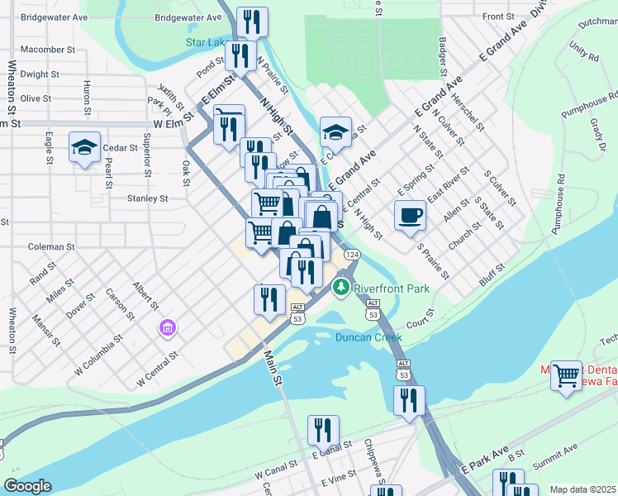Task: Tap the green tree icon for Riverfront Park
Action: (x=340, y=288)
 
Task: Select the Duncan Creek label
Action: (x=368, y=337)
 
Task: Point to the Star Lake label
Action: (x=207, y=41)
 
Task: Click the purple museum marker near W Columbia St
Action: (x=168, y=329)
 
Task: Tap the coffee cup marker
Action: (x=410, y=216)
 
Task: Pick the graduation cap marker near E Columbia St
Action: (x=335, y=131)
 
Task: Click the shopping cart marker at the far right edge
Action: (x=567, y=375)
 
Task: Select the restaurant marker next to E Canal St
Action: (x=323, y=430)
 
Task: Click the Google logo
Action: (x=27, y=486)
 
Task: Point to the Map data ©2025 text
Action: (x=582, y=489)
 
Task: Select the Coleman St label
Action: (x=51, y=246)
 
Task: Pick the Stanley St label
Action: (x=148, y=198)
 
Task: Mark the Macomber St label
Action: (x=48, y=50)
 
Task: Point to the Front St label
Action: (x=498, y=16)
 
